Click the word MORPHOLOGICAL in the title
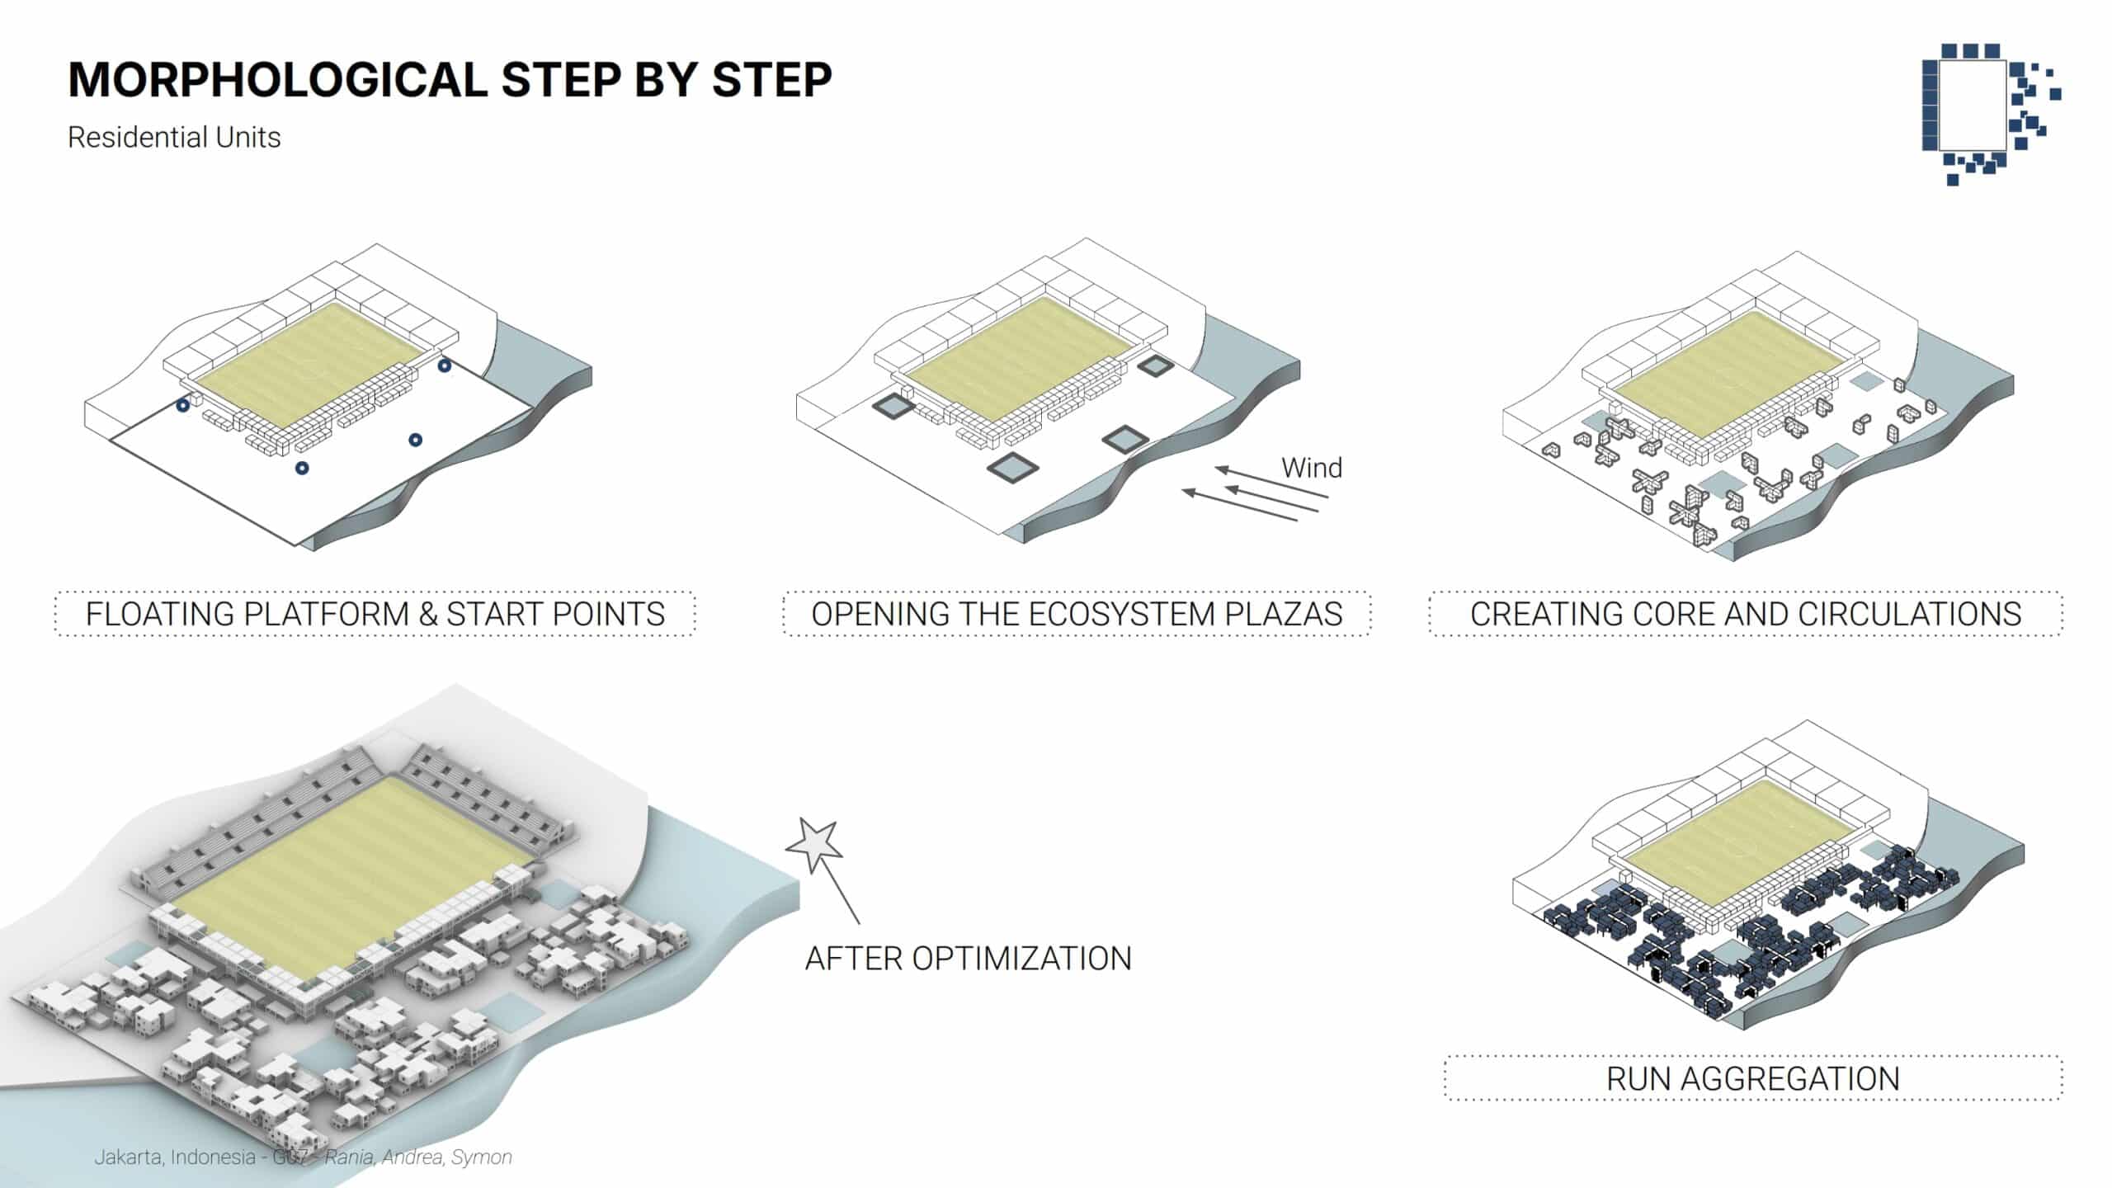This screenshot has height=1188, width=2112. (278, 80)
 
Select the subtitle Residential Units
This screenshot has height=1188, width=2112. (174, 137)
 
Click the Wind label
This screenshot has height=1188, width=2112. (1312, 468)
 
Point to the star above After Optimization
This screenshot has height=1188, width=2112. (815, 845)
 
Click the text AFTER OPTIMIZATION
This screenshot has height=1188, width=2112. (969, 959)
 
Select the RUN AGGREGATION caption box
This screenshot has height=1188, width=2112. (1753, 1078)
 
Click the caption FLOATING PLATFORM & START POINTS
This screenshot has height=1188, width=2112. (375, 614)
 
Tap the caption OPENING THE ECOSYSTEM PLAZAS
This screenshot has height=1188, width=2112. (1077, 614)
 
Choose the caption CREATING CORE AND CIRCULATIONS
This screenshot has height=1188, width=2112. (1746, 614)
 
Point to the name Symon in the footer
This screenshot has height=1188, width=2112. (482, 1157)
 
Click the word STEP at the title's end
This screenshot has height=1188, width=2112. (772, 80)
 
